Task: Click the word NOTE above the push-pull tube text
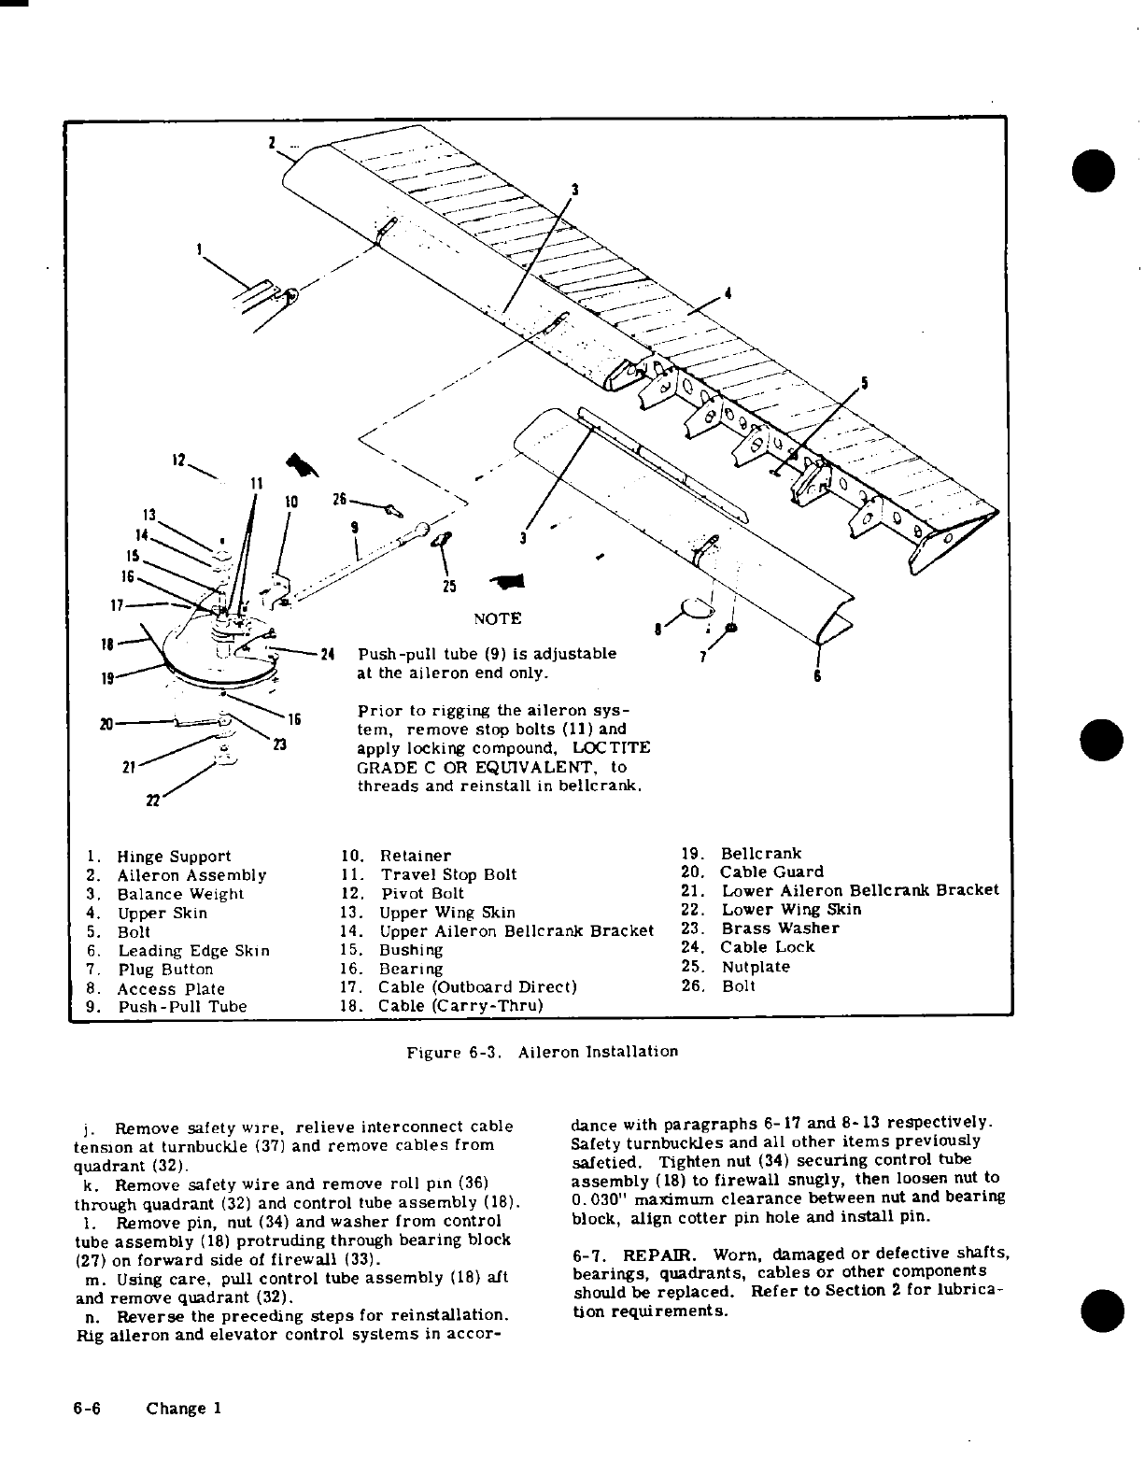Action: pyautogui.click(x=497, y=618)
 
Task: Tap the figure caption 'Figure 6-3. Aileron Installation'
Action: pyautogui.click(x=542, y=1052)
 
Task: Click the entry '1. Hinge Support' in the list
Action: pyautogui.click(x=158, y=857)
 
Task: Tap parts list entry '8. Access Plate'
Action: pyautogui.click(x=155, y=988)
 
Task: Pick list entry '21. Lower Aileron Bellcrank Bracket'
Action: pyautogui.click(x=841, y=891)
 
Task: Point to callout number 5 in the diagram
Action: pyautogui.click(x=864, y=383)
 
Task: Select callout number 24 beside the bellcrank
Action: pyautogui.click(x=327, y=653)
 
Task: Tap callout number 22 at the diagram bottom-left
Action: pyautogui.click(x=151, y=801)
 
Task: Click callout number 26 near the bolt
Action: pyautogui.click(x=340, y=500)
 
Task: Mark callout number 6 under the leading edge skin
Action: pyautogui.click(x=817, y=676)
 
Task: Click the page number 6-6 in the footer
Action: pyautogui.click(x=88, y=1409)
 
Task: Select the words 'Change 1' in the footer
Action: pyautogui.click(x=183, y=1409)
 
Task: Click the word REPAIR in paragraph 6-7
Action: pyautogui.click(x=651, y=1254)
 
